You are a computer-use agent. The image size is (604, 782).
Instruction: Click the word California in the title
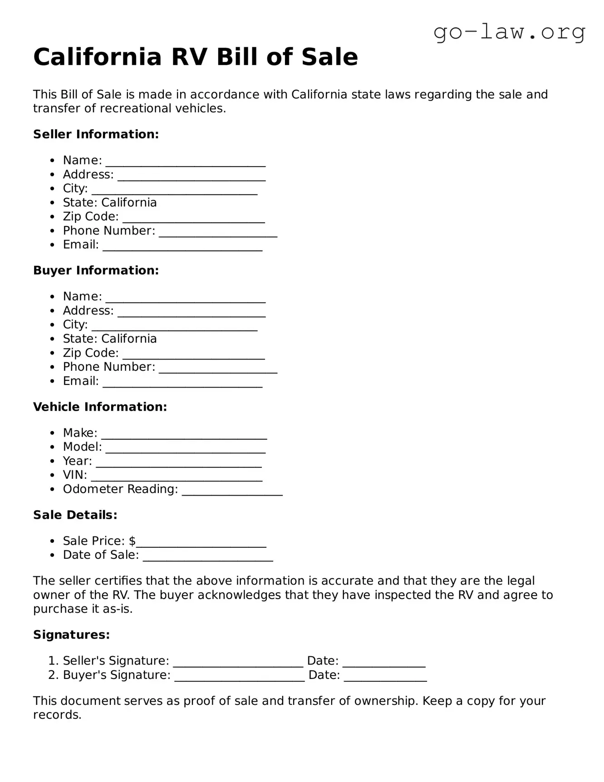click(x=98, y=57)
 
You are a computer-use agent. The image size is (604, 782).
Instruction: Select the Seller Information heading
click(x=96, y=134)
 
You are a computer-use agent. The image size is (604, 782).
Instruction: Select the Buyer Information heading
click(x=96, y=271)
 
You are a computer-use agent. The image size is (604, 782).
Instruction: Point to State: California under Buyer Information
click(x=109, y=339)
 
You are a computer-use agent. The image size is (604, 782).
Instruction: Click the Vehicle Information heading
click(x=100, y=407)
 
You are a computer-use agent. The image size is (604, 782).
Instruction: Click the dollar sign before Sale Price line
click(x=132, y=541)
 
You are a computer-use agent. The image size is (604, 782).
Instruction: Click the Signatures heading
click(x=71, y=635)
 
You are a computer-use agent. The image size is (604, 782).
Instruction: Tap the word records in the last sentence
click(x=57, y=715)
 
